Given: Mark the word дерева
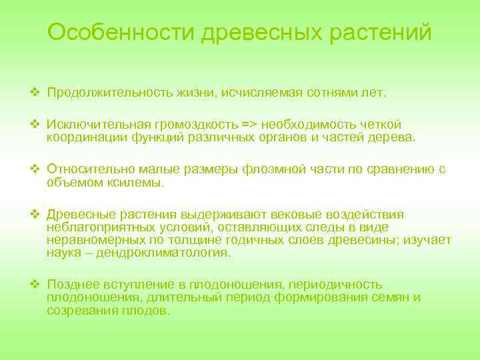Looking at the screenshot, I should (393, 137).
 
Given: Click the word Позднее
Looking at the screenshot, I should (72, 285).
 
